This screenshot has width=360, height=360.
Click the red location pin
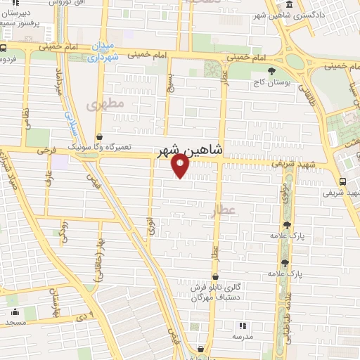(x=181, y=165)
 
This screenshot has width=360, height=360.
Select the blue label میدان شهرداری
(x=102, y=53)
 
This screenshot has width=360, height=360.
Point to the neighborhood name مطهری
(x=105, y=103)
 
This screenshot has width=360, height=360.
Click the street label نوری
(x=148, y=224)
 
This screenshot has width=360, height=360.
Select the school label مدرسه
(x=242, y=335)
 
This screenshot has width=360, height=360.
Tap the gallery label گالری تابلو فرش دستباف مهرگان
(x=218, y=292)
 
